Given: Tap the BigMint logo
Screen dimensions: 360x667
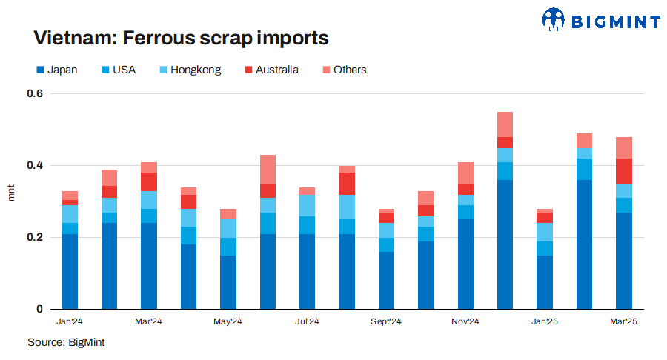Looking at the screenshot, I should [x=600, y=20].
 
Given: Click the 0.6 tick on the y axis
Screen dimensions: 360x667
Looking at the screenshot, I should [x=36, y=94].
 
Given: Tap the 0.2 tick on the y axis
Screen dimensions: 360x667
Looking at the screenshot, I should [x=36, y=238].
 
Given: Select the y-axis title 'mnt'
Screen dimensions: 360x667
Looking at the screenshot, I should [x=11, y=194].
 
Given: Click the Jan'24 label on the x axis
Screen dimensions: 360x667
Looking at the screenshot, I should [x=70, y=321].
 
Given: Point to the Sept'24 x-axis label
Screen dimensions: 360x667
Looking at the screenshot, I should [x=386, y=321].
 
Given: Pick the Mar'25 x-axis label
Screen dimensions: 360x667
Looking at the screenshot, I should [x=623, y=321].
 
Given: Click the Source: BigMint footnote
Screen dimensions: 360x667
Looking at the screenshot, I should [x=66, y=342].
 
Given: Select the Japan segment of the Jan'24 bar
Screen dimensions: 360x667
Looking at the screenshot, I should [x=70, y=271].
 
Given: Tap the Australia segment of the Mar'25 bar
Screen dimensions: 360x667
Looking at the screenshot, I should [x=624, y=171].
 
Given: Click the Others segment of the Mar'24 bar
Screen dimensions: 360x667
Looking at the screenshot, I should [x=149, y=167].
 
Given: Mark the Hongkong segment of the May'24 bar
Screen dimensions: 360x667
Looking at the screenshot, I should [x=228, y=228].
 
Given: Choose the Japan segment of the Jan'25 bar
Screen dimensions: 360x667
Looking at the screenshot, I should [x=545, y=282].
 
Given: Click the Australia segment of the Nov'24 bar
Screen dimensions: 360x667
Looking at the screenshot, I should [x=465, y=189].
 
